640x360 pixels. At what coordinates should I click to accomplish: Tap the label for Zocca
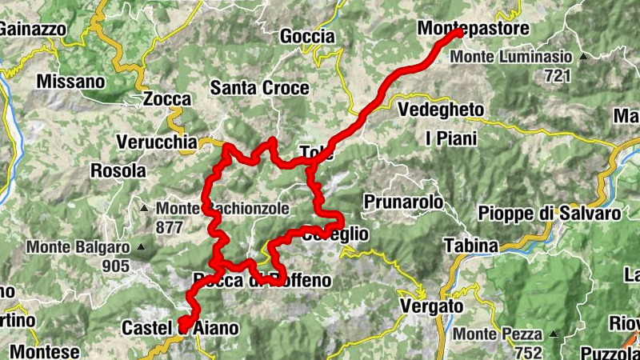167,99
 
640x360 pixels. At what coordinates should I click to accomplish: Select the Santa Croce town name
259,88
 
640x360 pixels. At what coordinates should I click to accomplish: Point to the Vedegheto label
440,110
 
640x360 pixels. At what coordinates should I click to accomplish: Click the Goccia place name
307,36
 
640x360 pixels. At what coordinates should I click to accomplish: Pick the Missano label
70,82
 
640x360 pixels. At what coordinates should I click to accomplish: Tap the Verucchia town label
156,142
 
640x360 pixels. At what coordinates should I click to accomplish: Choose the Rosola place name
118,170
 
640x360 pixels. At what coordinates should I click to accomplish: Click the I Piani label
450,138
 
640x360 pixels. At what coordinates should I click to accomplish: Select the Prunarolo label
403,202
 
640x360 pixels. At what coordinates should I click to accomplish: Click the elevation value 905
116,266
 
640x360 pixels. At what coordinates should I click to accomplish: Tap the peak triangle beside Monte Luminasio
583,57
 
